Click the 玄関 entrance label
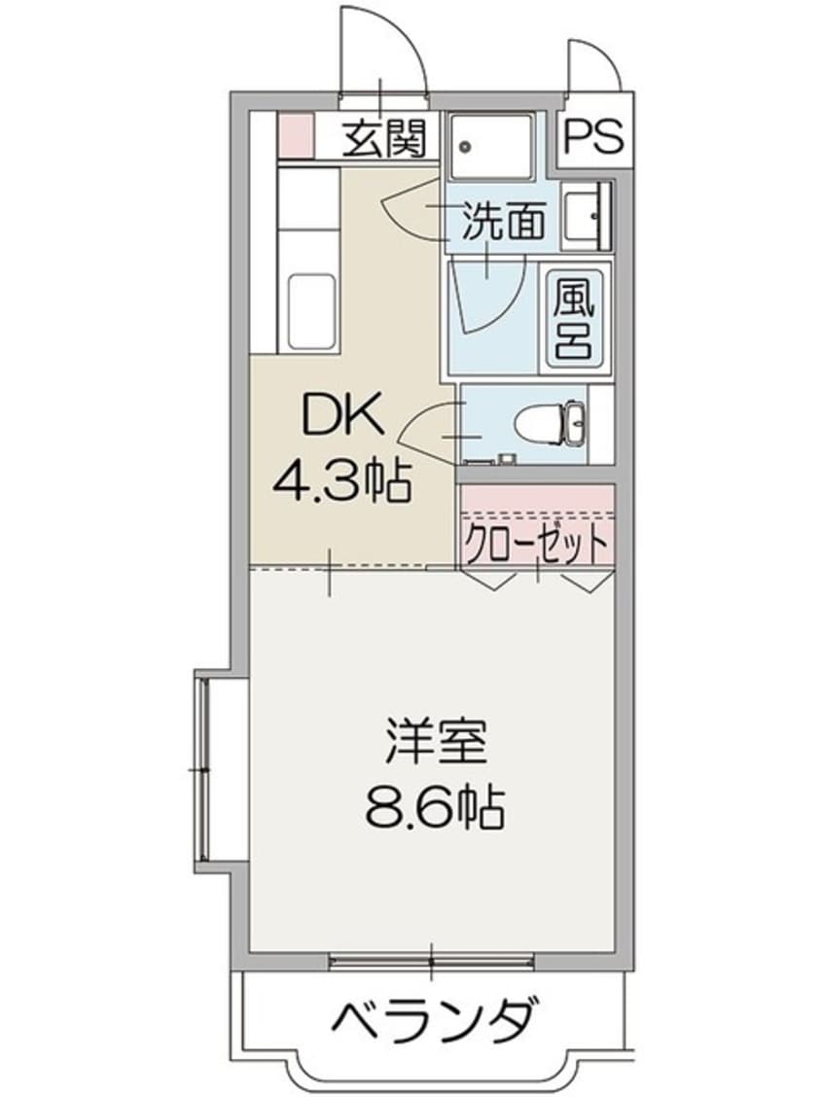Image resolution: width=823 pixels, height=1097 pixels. point(383,142)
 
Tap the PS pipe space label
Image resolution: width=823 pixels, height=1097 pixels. point(592,137)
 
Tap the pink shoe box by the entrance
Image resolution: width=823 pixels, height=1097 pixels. point(296,136)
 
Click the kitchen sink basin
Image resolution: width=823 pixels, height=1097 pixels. point(311,311)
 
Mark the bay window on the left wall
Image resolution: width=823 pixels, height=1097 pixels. point(205,768)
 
